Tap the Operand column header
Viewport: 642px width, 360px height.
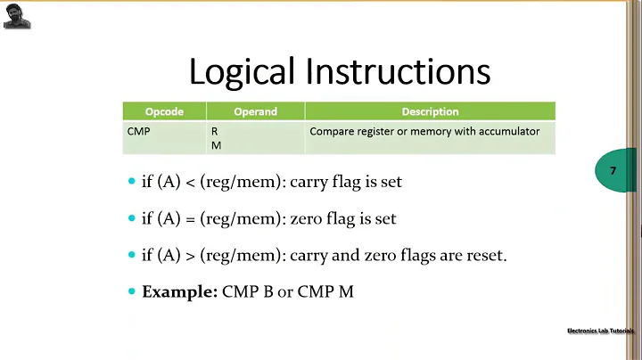pyautogui.click(x=255, y=111)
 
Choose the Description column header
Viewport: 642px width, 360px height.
pyautogui.click(x=430, y=111)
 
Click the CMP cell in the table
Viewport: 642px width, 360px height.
pyautogui.click(x=139, y=131)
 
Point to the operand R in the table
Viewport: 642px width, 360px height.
pyautogui.click(x=214, y=131)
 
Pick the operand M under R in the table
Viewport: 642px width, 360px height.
pyautogui.click(x=216, y=145)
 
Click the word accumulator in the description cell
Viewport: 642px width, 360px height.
pyautogui.click(x=508, y=131)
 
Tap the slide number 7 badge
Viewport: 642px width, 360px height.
pyautogui.click(x=613, y=170)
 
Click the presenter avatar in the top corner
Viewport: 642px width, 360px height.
pyautogui.click(x=17, y=15)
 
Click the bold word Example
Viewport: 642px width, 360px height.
pyautogui.click(x=179, y=291)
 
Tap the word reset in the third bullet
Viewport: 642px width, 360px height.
pyautogui.click(x=484, y=255)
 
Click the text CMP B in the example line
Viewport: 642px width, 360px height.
pyautogui.click(x=247, y=291)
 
